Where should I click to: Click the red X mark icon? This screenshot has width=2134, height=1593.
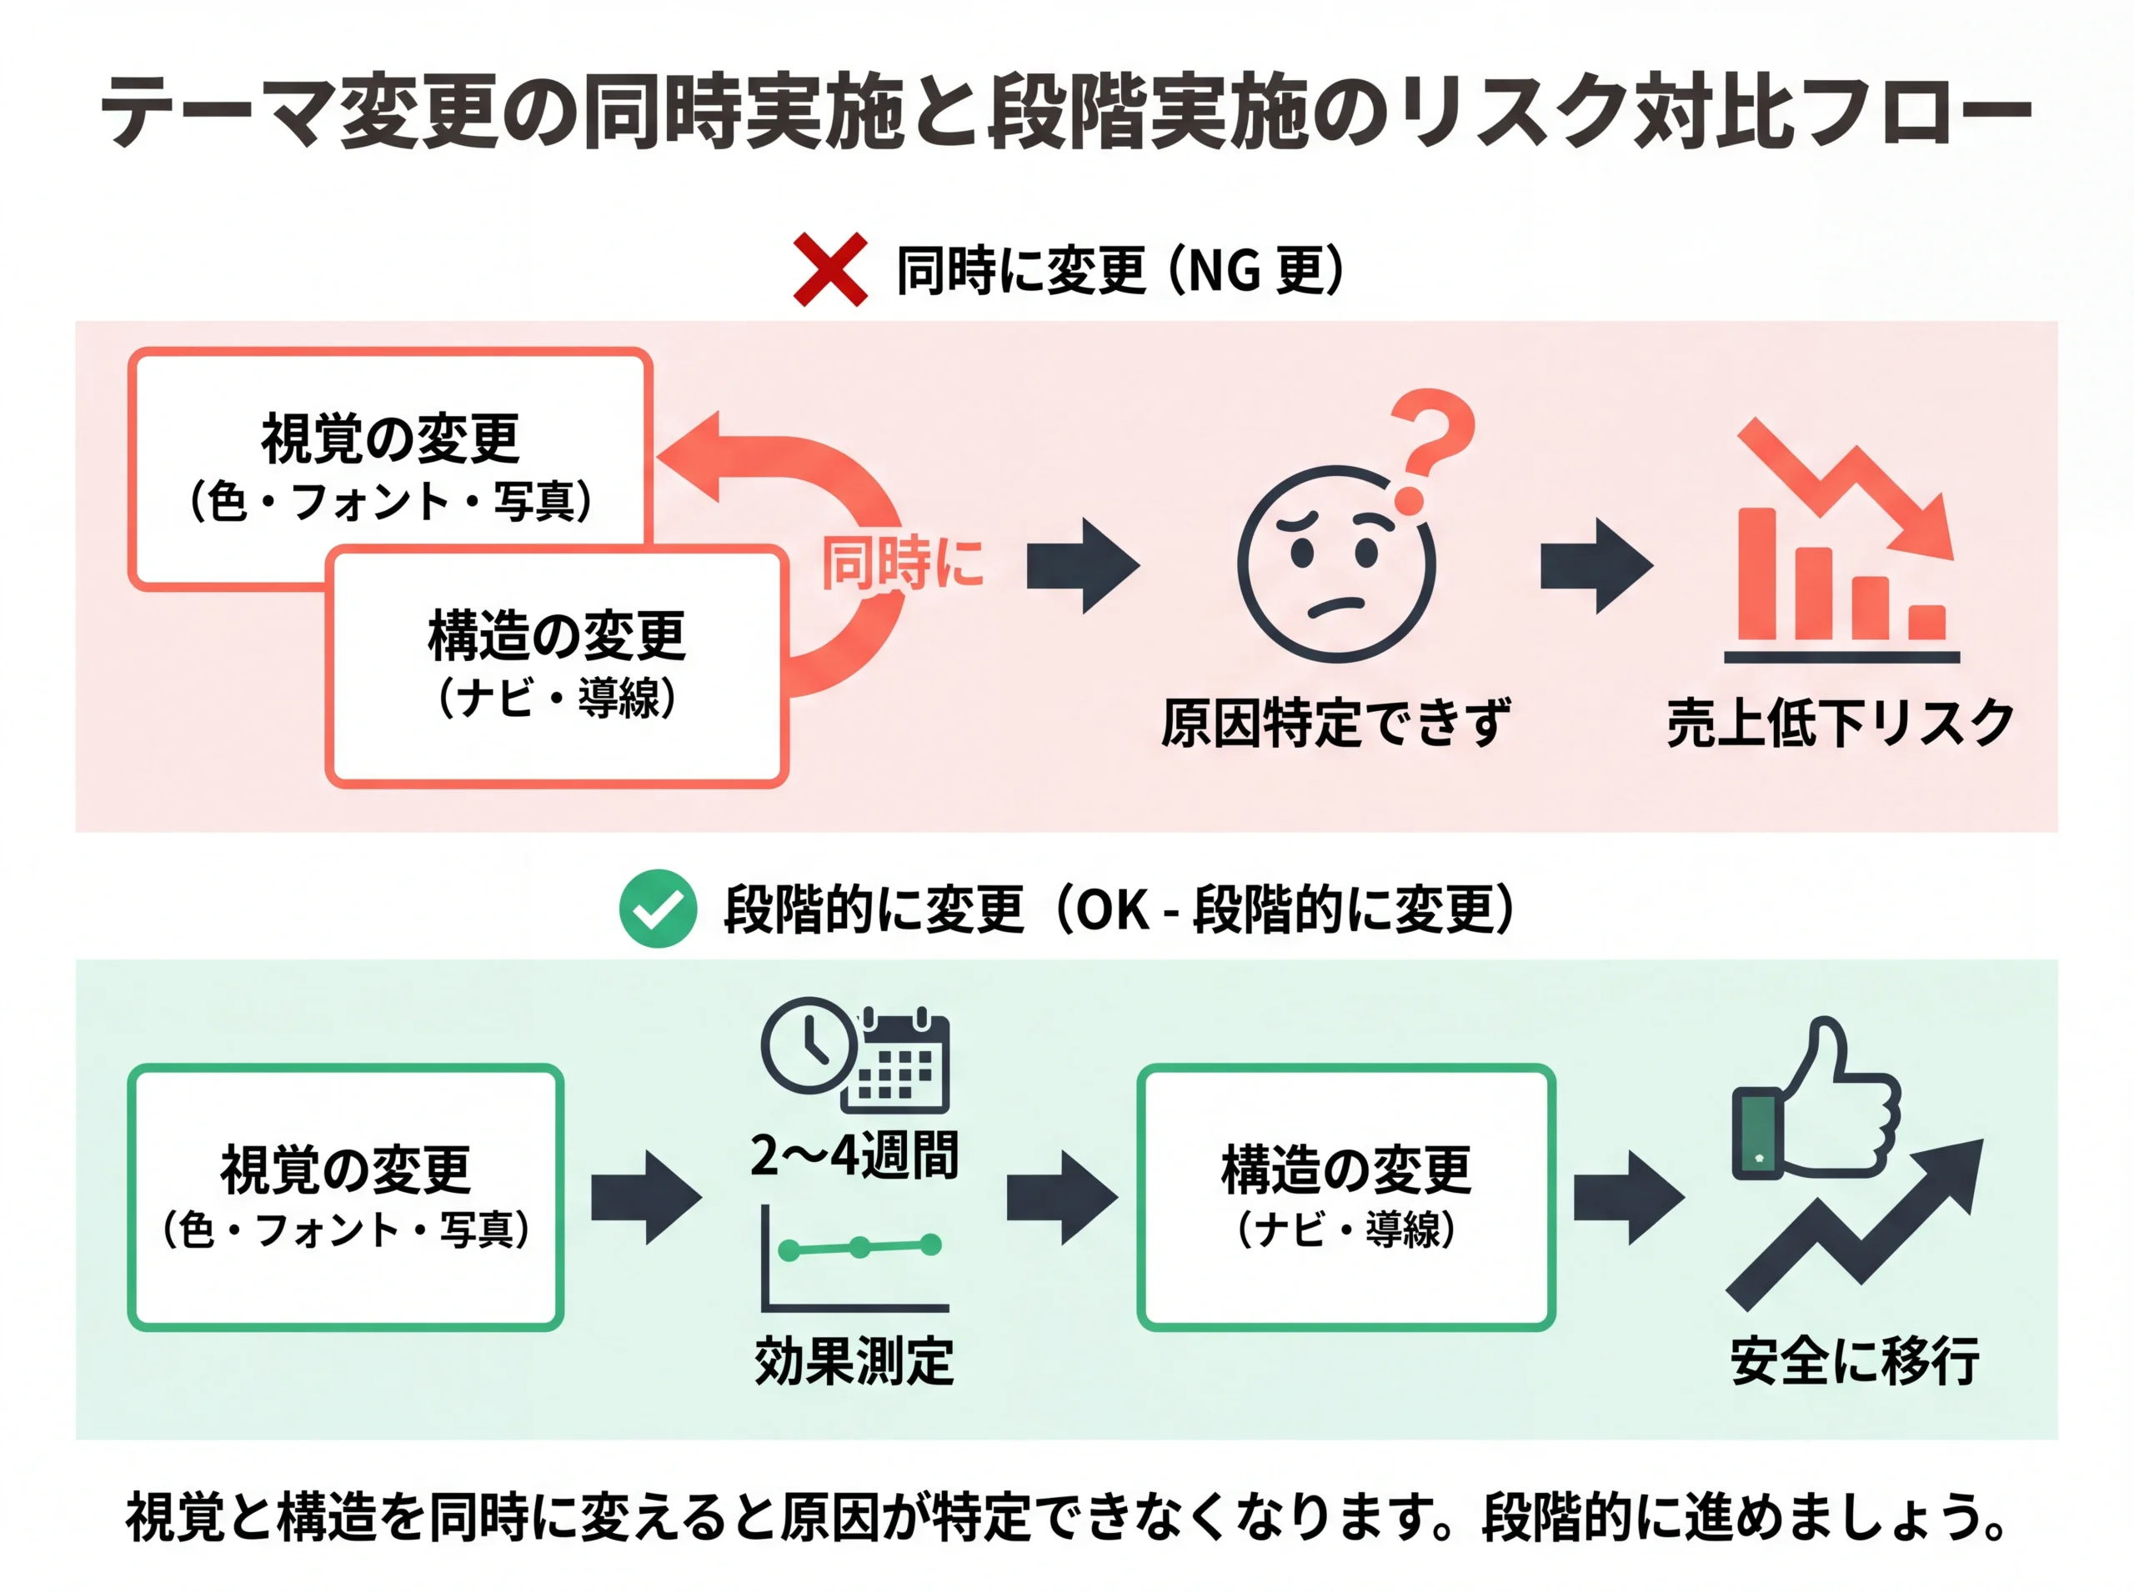[829, 270]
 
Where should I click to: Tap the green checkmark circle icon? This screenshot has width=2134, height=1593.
[658, 909]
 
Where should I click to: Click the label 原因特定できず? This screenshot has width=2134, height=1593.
[1335, 724]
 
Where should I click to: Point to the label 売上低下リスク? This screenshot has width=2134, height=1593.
[1840, 724]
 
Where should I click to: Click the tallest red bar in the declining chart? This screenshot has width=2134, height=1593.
[1757, 574]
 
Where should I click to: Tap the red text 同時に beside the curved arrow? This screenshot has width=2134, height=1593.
[902, 564]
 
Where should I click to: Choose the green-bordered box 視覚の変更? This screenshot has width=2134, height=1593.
[345, 1197]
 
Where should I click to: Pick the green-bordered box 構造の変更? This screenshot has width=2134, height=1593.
[1345, 1197]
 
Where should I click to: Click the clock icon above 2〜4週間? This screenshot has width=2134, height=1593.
[808, 1045]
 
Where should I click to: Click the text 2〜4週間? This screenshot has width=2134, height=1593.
[854, 1156]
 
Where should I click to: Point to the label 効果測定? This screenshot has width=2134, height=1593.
[854, 1360]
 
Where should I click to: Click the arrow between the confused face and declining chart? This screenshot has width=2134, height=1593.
[1596, 566]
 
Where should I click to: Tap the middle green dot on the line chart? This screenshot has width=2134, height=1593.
[859, 1248]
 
